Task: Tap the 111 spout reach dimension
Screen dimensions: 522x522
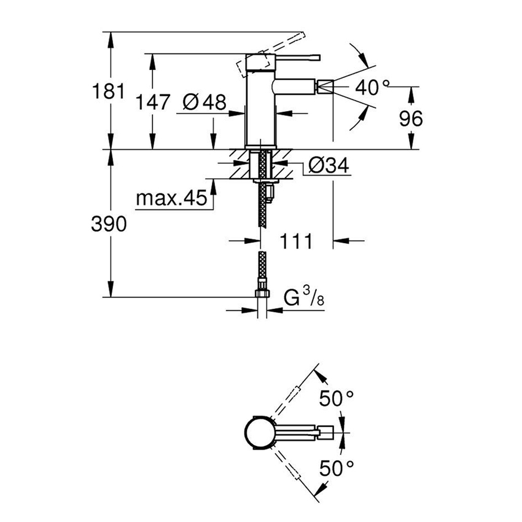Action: pos(297,241)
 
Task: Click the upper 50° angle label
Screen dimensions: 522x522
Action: pos(337,400)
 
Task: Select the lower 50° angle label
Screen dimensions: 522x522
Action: pos(337,469)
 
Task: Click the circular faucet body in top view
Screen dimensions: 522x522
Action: pos(259,434)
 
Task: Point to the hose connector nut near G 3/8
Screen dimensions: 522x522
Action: pos(262,292)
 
